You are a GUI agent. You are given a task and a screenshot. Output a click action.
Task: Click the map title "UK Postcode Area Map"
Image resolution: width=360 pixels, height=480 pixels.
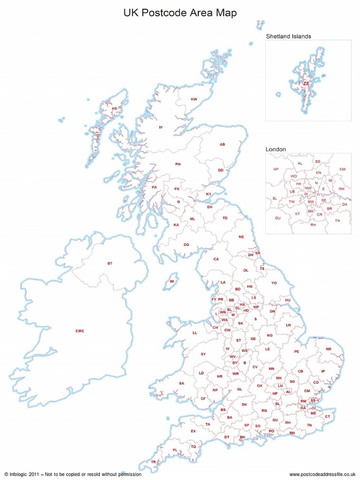[x=180, y=13]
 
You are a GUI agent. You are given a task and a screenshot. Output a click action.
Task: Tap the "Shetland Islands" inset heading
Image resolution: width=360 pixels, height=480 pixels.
[x=289, y=36]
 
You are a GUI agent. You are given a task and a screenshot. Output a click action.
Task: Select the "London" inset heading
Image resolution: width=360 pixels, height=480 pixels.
[x=276, y=149]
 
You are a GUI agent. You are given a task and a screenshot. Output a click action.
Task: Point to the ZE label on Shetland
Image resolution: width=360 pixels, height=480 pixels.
[x=306, y=83]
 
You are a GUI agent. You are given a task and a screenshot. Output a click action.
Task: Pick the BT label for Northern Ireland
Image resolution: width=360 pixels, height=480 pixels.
[x=110, y=264]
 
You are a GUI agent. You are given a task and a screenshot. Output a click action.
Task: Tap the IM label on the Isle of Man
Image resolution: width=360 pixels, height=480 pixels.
[x=172, y=281]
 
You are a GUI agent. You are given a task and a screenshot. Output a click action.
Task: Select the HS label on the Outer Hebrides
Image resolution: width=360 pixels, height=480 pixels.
[x=114, y=109]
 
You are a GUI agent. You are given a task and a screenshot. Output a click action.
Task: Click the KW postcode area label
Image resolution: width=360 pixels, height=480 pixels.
[x=194, y=99]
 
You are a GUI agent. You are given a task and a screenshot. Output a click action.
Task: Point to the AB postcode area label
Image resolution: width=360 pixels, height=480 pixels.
[x=223, y=144]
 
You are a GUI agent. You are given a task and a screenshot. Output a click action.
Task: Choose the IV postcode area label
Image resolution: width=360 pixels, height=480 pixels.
[x=160, y=127]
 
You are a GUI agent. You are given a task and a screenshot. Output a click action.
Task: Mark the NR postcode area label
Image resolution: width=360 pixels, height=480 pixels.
[x=328, y=349]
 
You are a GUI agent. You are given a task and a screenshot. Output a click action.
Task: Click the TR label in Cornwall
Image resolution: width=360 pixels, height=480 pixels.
[x=153, y=462]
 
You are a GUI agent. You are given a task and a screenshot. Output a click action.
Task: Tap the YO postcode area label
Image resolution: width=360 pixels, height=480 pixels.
[x=274, y=283]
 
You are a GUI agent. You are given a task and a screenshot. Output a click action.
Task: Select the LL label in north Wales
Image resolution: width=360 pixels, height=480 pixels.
[x=195, y=333]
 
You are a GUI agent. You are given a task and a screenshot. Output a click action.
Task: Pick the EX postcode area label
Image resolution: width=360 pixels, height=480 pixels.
[x=193, y=431]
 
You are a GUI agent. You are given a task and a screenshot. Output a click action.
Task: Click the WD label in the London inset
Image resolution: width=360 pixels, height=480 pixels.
[x=293, y=176]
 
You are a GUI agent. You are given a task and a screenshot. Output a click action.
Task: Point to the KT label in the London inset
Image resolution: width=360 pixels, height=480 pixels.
[x=297, y=214]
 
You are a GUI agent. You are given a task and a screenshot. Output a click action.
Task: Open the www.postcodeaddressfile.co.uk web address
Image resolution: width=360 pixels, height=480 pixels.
[x=323, y=474]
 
